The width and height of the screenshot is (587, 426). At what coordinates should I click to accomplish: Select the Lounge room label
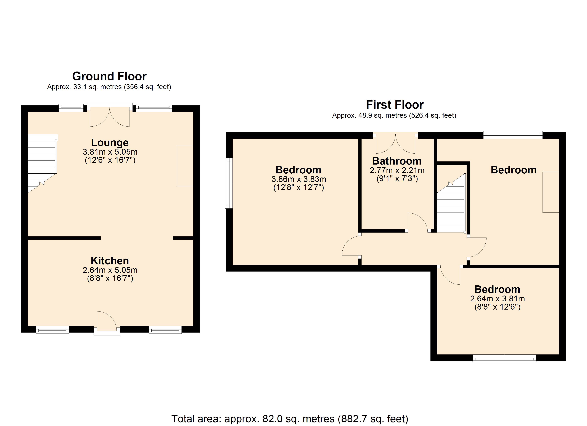click(110, 143)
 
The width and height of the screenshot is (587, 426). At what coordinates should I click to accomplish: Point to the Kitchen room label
click(110, 261)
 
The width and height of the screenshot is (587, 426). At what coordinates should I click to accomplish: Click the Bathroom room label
click(397, 161)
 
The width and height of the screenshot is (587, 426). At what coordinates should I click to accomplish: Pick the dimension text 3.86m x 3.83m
click(299, 179)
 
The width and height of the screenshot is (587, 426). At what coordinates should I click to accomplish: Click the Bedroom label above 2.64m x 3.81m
click(497, 289)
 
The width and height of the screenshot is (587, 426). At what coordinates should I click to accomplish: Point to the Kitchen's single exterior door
click(107, 323)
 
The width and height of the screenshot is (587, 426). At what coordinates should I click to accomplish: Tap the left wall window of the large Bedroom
click(229, 183)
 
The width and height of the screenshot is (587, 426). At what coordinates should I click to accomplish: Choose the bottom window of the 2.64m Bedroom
click(504, 358)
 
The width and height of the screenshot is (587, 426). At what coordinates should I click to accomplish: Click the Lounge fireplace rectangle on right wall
click(185, 166)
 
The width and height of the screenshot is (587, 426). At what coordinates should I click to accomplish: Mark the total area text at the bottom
click(290, 419)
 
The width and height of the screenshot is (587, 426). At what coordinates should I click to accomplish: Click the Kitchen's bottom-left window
click(52, 330)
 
